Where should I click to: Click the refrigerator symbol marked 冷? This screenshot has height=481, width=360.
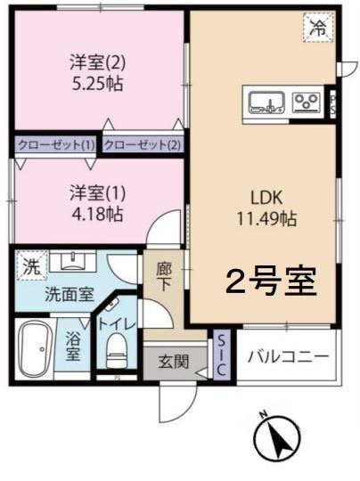coord(319,27)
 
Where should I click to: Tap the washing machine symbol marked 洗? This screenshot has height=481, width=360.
coord(32,265)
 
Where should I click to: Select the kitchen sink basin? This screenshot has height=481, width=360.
coord(266,102)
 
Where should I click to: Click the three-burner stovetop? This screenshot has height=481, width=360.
coord(306,102)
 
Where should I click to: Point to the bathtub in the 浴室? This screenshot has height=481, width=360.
coord(34,349)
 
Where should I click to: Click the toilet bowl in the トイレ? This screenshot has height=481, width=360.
coord(116,350)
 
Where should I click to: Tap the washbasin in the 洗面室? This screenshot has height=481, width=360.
coord(73,261)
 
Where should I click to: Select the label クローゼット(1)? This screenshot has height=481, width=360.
coord(56,145)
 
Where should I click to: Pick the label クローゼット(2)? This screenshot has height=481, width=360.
coord(143,145)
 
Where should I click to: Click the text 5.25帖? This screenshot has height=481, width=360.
coord(97,84)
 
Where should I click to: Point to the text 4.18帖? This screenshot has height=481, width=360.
coord(97,215)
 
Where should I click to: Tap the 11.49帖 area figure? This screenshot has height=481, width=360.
coord(266,219)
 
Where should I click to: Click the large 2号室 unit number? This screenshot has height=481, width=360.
coord(271,281)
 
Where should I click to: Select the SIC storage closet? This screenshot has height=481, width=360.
coord(221,355)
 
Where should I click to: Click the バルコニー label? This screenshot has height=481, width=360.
coord(288,356)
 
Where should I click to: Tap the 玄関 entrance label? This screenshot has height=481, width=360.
coord(174,362)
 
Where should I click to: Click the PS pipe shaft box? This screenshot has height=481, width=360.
coord(332,104)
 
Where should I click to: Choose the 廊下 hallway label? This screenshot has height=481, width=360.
coord(164,277)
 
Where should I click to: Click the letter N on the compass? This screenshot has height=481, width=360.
coord(263,415)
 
